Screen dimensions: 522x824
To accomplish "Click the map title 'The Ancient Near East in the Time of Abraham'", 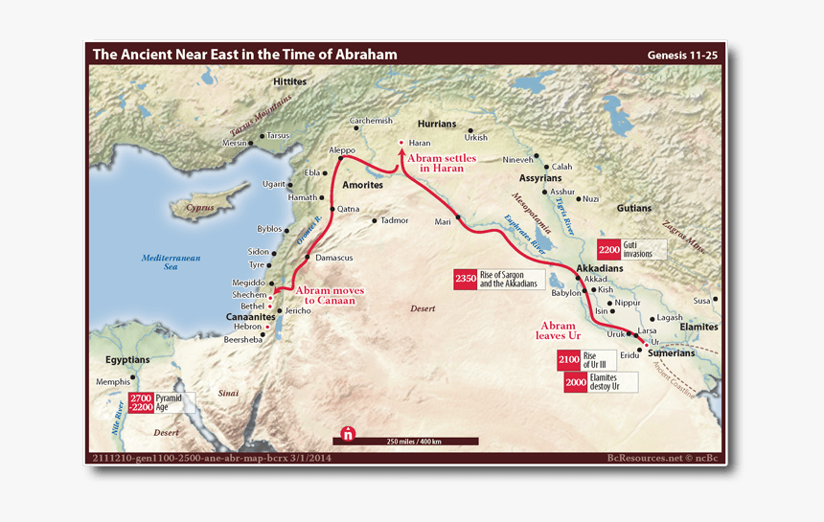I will pyautogui.click(x=244, y=55).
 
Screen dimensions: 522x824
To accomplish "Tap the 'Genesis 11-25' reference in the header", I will pyautogui.click(x=681, y=56).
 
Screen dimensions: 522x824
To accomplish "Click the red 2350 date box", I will pyautogui.click(x=466, y=280).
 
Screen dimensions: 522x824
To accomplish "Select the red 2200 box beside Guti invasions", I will pyautogui.click(x=609, y=250).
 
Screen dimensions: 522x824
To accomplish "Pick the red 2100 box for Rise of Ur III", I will pyautogui.click(x=569, y=360).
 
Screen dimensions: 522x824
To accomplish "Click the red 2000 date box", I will pyautogui.click(x=576, y=381).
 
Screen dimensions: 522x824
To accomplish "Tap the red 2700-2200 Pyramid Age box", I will pyautogui.click(x=141, y=402).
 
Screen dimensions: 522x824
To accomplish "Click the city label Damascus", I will pyautogui.click(x=334, y=258).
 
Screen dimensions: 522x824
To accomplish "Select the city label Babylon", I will pyautogui.click(x=566, y=293).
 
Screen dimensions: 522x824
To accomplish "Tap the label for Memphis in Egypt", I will pyautogui.click(x=113, y=381).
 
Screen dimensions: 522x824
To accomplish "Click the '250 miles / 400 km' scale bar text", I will pyautogui.click(x=414, y=441).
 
